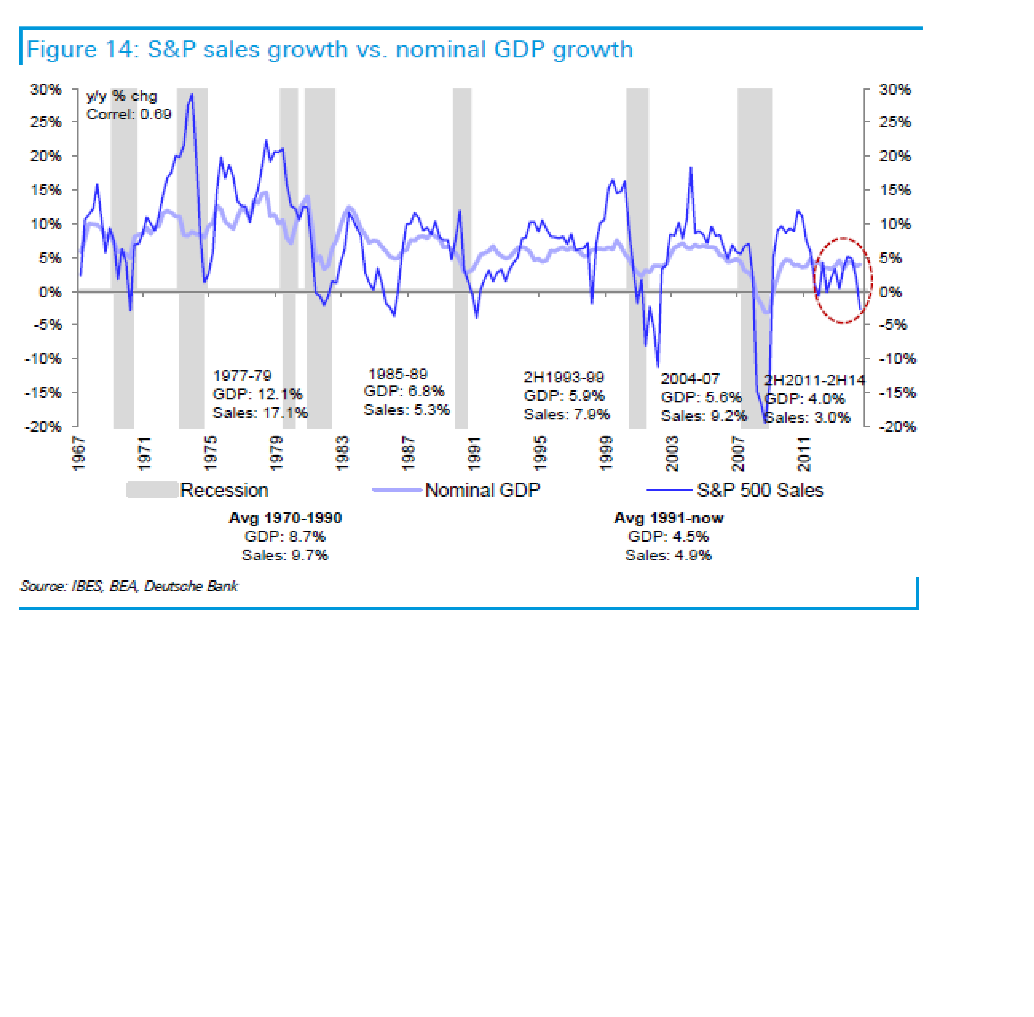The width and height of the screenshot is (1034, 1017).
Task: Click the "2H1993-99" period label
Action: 563,377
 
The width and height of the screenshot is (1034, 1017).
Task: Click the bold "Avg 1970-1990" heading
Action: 285,518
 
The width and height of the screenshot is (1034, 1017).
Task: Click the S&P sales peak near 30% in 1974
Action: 192,95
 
